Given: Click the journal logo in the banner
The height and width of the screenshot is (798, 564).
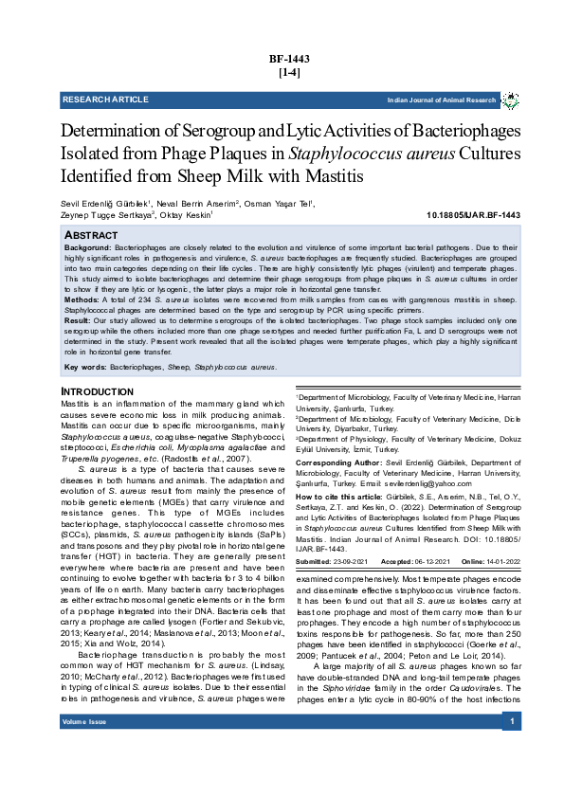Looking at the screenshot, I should (x=510, y=100).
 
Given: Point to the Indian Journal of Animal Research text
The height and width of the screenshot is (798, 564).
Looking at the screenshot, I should (x=442, y=100).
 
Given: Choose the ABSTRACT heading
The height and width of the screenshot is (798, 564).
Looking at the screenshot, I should (x=91, y=234).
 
